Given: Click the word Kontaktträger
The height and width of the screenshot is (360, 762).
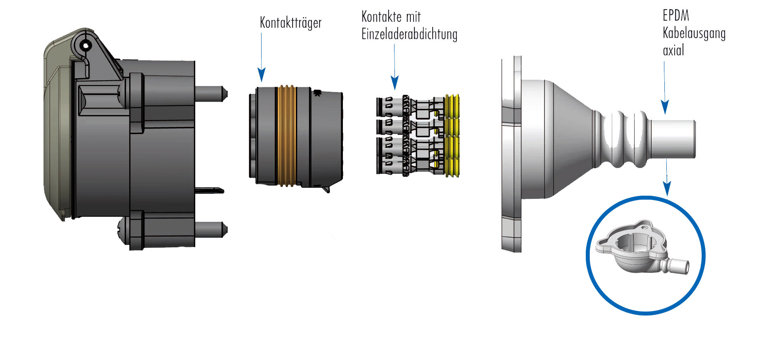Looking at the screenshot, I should click(291, 23).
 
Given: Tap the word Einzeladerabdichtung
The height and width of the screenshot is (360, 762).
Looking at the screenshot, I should click(409, 35).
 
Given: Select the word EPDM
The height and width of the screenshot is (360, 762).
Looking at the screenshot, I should click(675, 16).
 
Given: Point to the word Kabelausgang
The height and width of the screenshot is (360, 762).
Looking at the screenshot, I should click(694, 33).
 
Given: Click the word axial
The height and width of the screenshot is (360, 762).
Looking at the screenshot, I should click(673, 50).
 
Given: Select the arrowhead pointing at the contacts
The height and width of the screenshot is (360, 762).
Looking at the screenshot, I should click(394, 83).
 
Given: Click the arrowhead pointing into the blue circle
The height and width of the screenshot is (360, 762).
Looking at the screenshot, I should click(667, 188).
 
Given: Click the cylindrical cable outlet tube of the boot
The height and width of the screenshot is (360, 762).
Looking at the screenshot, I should click(673, 139).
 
